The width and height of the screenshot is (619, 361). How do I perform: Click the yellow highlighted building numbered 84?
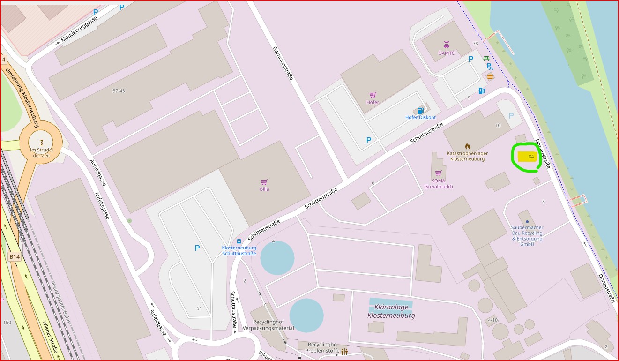click(527, 156)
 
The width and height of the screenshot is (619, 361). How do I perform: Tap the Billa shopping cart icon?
click(264, 182)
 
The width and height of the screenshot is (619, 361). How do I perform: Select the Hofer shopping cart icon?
click(373, 95)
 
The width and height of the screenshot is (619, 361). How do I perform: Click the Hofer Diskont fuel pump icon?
click(420, 111)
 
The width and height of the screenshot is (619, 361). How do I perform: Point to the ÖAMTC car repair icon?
click(446, 45)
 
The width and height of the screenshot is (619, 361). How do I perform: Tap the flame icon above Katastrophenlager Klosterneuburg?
click(467, 146)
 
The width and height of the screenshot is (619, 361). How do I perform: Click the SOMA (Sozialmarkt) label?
click(438, 183)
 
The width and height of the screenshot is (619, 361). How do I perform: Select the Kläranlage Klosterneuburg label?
click(391, 311)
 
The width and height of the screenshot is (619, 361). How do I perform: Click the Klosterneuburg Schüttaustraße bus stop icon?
click(239, 241)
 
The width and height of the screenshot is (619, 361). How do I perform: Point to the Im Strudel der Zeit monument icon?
click(42, 142)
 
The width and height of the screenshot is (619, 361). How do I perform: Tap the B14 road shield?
click(15, 256)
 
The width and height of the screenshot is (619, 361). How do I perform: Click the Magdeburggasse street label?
click(79, 30)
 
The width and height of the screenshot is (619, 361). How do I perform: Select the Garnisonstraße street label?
click(283, 63)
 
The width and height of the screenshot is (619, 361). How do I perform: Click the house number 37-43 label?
click(119, 90)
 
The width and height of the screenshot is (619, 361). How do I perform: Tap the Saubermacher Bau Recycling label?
click(527, 233)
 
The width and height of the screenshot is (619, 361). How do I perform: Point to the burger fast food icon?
click(490, 76)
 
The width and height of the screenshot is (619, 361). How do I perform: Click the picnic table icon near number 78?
click(486, 59)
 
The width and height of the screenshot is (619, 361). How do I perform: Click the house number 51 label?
click(199, 308)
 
